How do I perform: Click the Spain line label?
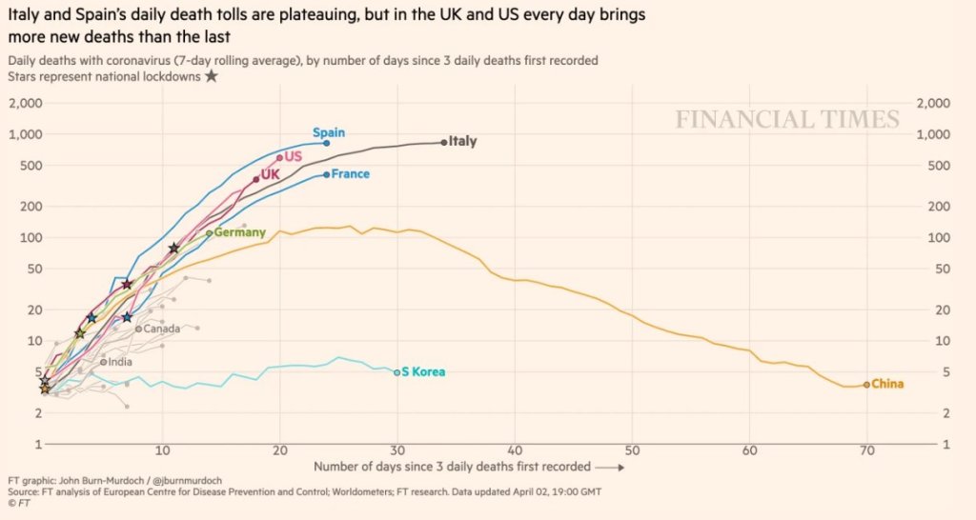point(329,132)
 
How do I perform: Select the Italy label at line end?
point(462,141)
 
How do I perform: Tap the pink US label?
point(293,156)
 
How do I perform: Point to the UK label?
point(270,174)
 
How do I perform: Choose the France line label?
point(350,174)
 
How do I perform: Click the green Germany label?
point(239,232)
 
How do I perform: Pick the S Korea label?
point(423,372)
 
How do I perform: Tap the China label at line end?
point(887,385)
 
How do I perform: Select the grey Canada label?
point(161,330)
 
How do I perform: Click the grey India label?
point(120,362)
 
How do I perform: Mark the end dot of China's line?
point(866,385)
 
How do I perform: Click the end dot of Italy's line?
point(444,142)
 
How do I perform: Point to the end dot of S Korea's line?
point(397,372)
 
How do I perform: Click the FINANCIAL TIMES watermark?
point(787,120)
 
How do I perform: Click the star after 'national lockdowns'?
point(211,76)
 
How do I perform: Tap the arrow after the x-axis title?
point(611,468)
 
